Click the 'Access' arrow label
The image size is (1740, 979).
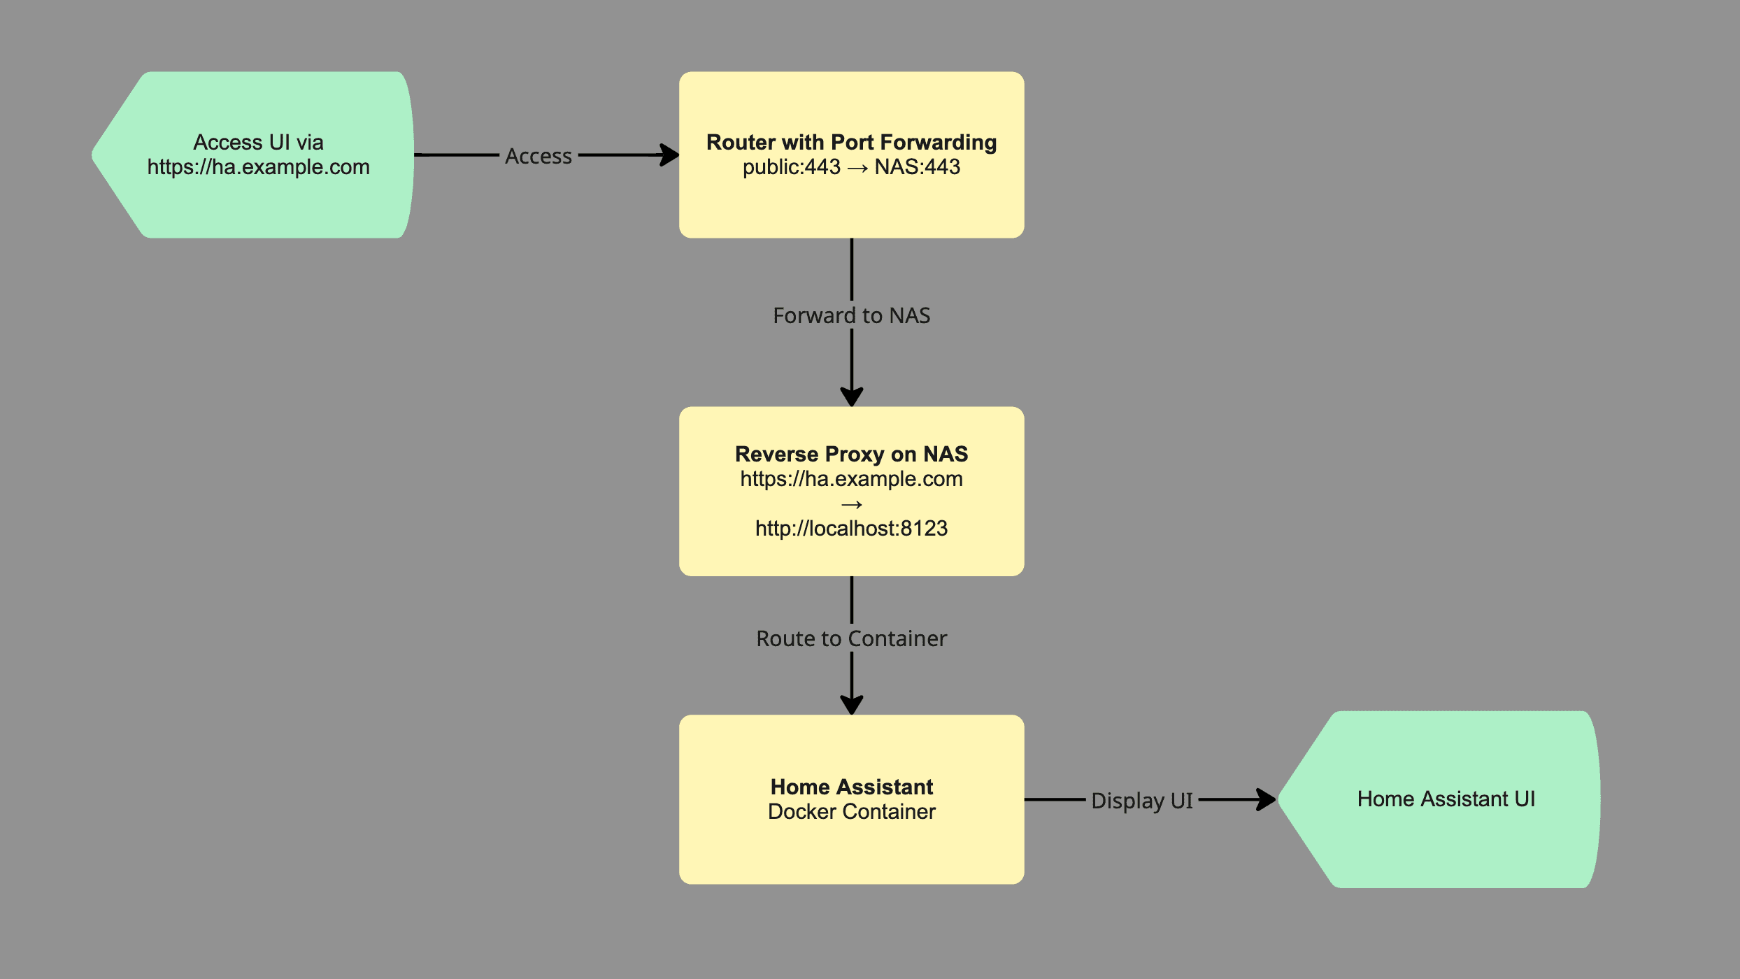coord(538,156)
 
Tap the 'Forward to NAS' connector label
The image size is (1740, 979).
coord(851,315)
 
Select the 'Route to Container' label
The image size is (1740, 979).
coord(851,638)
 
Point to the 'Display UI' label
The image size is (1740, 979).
coord(1141,800)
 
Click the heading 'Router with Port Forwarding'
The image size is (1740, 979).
coord(851,142)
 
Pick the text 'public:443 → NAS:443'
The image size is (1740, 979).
coord(851,167)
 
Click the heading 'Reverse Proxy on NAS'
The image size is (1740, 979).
coord(851,454)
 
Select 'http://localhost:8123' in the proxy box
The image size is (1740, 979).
coord(851,528)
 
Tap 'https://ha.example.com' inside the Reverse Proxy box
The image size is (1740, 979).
coord(851,479)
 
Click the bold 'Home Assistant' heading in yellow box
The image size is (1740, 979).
coord(851,787)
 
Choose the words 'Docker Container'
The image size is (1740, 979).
coord(851,812)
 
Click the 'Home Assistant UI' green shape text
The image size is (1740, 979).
coord(1446,799)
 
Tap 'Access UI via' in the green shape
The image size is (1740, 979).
coord(258,142)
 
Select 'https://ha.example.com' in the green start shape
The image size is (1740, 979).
coord(258,167)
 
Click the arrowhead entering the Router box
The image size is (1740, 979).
coord(670,155)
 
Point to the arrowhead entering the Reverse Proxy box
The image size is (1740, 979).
coord(851,396)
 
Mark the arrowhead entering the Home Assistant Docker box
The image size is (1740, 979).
coord(851,705)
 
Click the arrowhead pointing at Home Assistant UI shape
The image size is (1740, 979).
coord(1267,799)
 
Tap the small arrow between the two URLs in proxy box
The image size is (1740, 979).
coord(851,504)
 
